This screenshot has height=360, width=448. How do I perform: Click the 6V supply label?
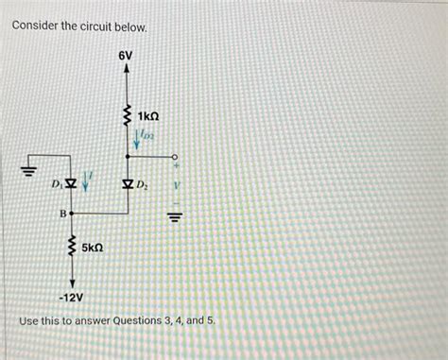[x=126, y=57]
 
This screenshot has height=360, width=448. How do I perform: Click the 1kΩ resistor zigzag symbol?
[x=126, y=116]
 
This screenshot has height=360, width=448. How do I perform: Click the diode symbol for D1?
[x=71, y=180]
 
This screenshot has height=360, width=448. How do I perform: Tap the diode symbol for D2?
[x=127, y=180]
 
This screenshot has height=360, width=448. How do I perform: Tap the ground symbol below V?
[x=173, y=214]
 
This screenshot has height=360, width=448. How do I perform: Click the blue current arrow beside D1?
[x=86, y=178]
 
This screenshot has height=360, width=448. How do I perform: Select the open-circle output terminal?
[x=173, y=158]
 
